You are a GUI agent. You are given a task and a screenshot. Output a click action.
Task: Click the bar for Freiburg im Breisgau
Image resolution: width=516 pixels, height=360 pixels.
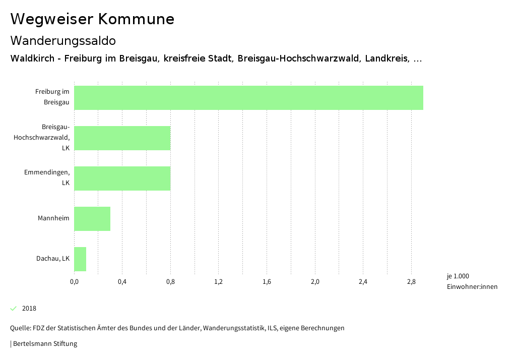click(248, 98)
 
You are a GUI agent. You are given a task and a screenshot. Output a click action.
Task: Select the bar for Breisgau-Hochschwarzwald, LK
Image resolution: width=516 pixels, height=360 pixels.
click(122, 138)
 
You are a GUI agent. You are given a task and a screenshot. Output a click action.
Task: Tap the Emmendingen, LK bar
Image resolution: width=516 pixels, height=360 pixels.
click(122, 178)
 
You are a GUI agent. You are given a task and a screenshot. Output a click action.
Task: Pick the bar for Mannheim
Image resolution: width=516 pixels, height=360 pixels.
click(92, 219)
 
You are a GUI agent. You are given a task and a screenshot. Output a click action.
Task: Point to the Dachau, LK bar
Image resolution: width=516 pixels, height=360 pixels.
click(80, 259)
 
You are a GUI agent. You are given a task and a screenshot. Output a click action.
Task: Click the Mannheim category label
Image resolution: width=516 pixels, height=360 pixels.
click(53, 218)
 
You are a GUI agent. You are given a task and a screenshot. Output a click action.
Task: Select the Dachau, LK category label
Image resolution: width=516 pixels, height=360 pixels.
click(52, 259)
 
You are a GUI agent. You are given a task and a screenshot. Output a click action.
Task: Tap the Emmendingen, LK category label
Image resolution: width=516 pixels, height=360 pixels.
click(47, 177)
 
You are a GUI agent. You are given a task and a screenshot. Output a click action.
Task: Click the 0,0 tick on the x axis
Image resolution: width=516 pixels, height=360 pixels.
click(74, 281)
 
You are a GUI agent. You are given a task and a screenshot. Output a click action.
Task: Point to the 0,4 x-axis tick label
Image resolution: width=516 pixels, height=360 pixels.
click(122, 281)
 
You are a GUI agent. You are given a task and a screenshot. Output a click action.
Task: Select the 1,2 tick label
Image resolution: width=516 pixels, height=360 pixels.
click(218, 281)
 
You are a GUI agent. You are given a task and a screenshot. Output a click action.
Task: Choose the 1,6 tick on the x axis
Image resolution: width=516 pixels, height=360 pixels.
click(267, 281)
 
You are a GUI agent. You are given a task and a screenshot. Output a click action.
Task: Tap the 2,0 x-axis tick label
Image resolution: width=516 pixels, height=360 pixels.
click(315, 281)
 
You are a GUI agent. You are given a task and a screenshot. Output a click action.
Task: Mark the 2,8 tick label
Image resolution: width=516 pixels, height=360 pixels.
click(411, 281)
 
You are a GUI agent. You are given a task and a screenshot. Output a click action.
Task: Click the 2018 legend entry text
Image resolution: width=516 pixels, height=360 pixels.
click(29, 309)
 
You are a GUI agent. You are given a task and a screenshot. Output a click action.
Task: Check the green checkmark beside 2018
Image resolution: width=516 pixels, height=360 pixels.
click(14, 309)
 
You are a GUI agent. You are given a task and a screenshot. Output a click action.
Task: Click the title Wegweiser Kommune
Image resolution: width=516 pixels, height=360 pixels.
click(92, 19)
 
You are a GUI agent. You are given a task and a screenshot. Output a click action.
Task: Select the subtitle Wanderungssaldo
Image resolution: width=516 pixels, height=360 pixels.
click(63, 40)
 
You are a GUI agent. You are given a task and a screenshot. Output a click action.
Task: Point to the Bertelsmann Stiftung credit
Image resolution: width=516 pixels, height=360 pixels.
click(44, 344)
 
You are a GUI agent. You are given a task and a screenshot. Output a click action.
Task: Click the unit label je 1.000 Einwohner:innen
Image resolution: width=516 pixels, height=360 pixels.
click(472, 281)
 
